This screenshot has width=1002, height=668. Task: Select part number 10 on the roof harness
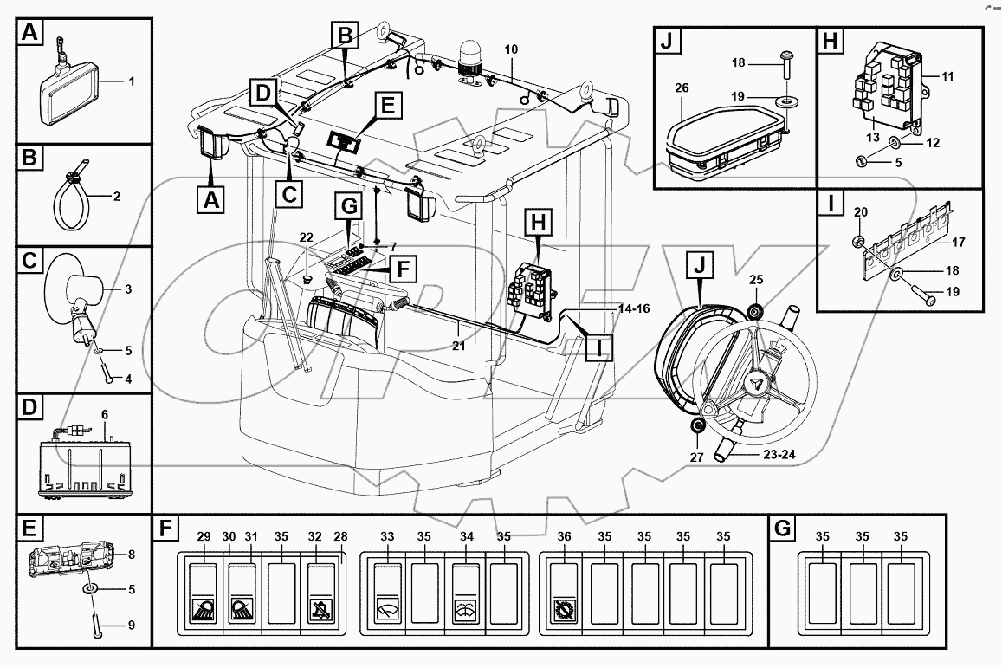tap(511, 50)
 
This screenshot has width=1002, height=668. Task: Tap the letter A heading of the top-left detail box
tap(30, 34)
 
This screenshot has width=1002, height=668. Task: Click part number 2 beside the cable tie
tap(116, 196)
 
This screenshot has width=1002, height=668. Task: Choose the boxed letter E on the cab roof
tap(387, 107)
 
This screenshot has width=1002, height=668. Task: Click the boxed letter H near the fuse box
tap(539, 223)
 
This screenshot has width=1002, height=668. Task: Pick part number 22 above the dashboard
tap(306, 238)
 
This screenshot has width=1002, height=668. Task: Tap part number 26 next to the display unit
tap(681, 89)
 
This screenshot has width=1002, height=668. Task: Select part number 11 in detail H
tap(947, 77)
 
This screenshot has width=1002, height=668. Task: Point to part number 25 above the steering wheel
tap(755, 279)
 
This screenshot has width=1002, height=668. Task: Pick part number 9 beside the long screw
tap(131, 624)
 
